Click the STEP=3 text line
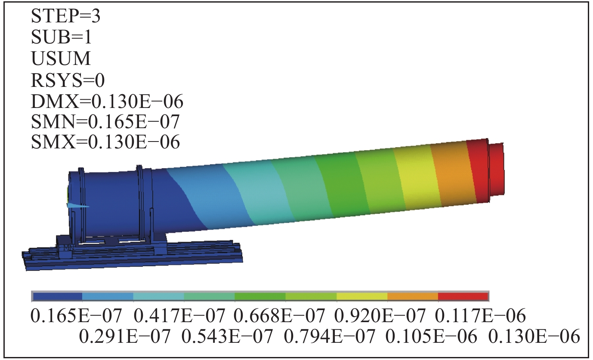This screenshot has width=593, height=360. (66, 16)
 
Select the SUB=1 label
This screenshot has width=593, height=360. (62, 37)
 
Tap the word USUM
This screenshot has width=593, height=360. (61, 58)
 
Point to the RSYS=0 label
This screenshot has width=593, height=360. (68, 80)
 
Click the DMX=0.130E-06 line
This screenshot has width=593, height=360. (107, 102)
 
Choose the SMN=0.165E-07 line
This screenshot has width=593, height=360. (105, 122)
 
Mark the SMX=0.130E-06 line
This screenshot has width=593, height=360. (105, 142)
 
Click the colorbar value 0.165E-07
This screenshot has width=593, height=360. (77, 316)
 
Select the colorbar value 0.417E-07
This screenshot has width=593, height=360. (179, 316)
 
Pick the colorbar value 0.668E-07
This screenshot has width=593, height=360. (279, 316)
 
